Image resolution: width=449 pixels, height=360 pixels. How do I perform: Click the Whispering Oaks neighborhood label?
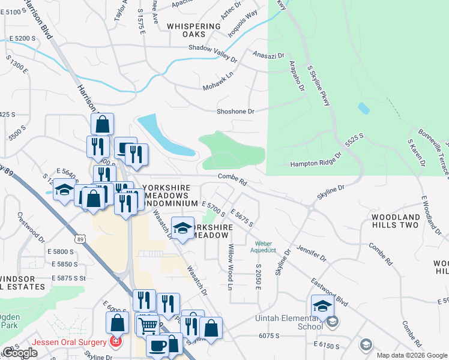[194, 30]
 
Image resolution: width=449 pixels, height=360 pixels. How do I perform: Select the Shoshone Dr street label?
[236, 112]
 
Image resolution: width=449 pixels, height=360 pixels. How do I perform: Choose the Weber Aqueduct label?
[264, 247]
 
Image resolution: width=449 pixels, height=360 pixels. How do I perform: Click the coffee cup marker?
[157, 347]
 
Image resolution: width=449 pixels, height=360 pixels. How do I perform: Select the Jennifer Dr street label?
[311, 253]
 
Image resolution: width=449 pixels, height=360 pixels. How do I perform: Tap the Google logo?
[20, 353]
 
